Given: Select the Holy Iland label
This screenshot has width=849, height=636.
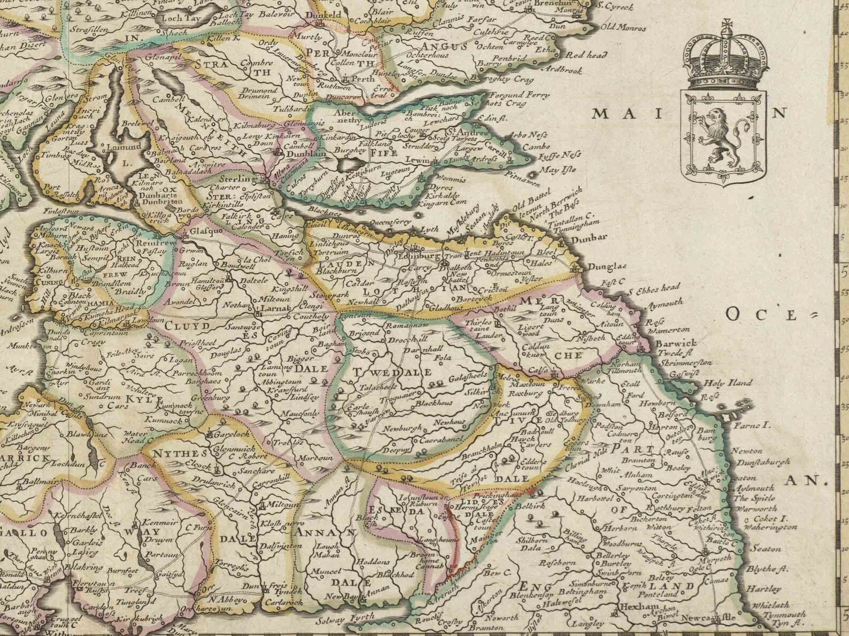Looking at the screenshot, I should (728, 383).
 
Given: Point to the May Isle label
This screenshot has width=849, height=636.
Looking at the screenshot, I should (558, 170).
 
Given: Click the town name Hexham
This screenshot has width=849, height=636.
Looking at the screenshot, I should (636, 607).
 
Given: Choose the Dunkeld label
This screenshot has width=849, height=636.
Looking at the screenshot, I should (325, 15).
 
